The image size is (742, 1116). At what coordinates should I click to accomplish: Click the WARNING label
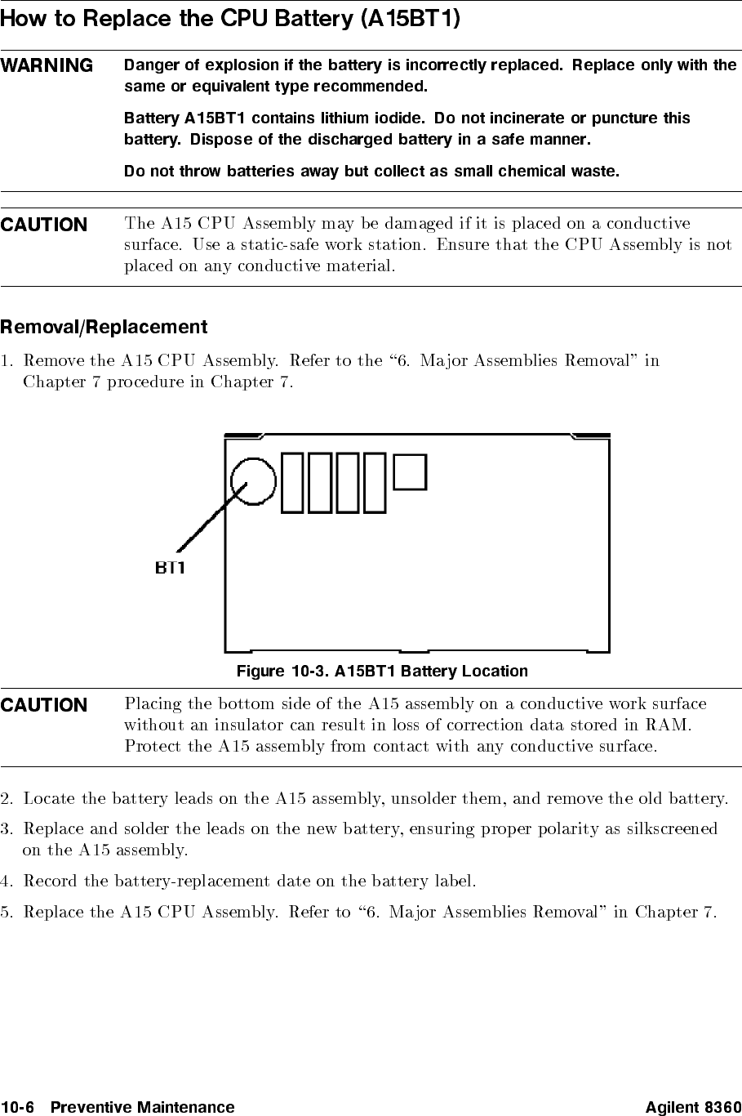[x=47, y=65]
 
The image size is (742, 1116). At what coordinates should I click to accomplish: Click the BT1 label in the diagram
[x=171, y=568]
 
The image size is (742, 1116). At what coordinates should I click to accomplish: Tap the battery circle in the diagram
[x=253, y=480]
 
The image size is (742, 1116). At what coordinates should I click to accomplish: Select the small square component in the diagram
[x=410, y=472]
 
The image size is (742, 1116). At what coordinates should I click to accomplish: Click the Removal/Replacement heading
[x=104, y=328]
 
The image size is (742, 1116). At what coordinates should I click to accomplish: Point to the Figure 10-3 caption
[x=382, y=672]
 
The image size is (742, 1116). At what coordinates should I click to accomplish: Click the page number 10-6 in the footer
[x=17, y=1108]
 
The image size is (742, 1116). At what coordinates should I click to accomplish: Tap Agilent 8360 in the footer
[x=693, y=1108]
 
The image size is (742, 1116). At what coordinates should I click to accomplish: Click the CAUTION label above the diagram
[x=44, y=225]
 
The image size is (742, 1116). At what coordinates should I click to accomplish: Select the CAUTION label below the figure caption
[x=44, y=705]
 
